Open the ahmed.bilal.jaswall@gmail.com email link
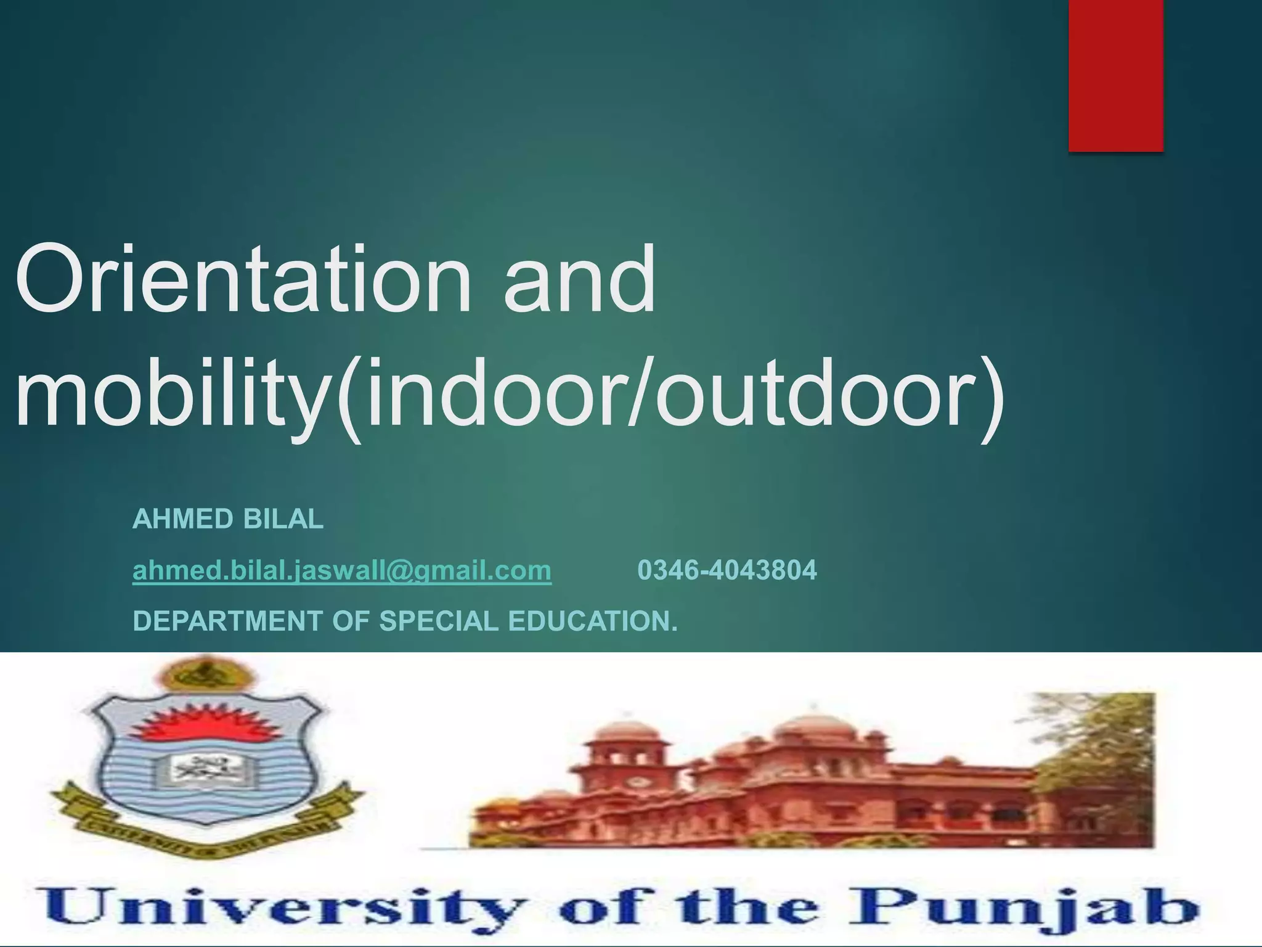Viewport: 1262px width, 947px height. [342, 570]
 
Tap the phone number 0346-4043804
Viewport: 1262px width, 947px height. [727, 570]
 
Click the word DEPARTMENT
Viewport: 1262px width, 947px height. [227, 621]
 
